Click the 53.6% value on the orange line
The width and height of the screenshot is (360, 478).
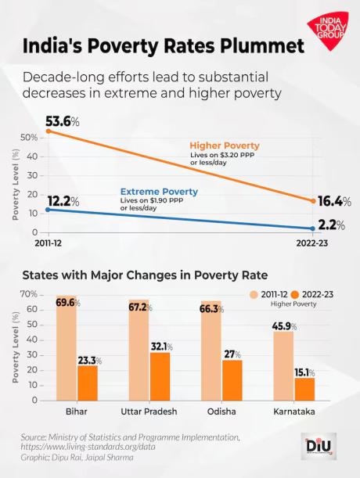pos(63,122)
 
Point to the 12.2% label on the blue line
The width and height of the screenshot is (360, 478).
pos(63,201)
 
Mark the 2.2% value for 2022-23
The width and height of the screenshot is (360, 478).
pos(332,225)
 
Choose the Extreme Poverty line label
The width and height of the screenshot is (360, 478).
pos(158,192)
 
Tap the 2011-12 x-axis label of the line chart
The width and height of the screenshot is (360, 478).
pos(48,244)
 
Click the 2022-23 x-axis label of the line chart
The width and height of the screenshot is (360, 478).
pos(313,244)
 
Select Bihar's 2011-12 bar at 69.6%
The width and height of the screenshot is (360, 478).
pos(67,352)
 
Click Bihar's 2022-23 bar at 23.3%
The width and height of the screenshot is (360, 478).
pos(88,383)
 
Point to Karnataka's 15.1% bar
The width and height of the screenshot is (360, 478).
pos(305,389)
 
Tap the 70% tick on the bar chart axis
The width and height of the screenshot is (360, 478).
pos(29,294)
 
